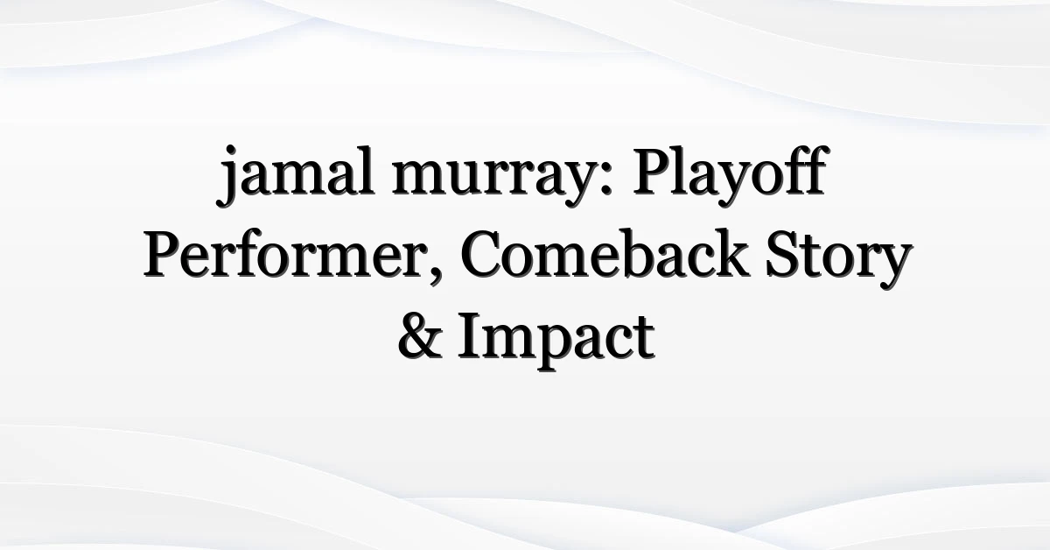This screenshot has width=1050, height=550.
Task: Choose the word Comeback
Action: tap(605, 253)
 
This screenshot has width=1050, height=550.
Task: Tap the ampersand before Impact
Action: tap(420, 336)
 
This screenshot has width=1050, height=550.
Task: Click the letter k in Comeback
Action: tap(731, 252)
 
